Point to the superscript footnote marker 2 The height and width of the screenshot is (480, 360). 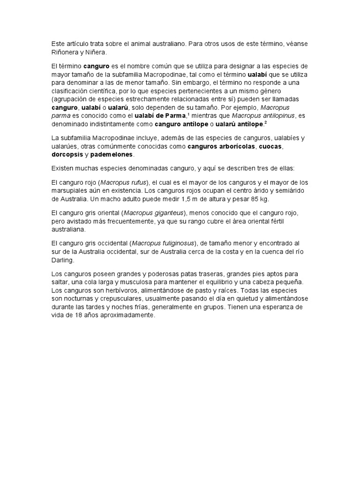[x=265, y=122]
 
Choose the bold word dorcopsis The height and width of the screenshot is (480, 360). [x=67, y=154]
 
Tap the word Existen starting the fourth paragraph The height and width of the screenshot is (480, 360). [x=63, y=168]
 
